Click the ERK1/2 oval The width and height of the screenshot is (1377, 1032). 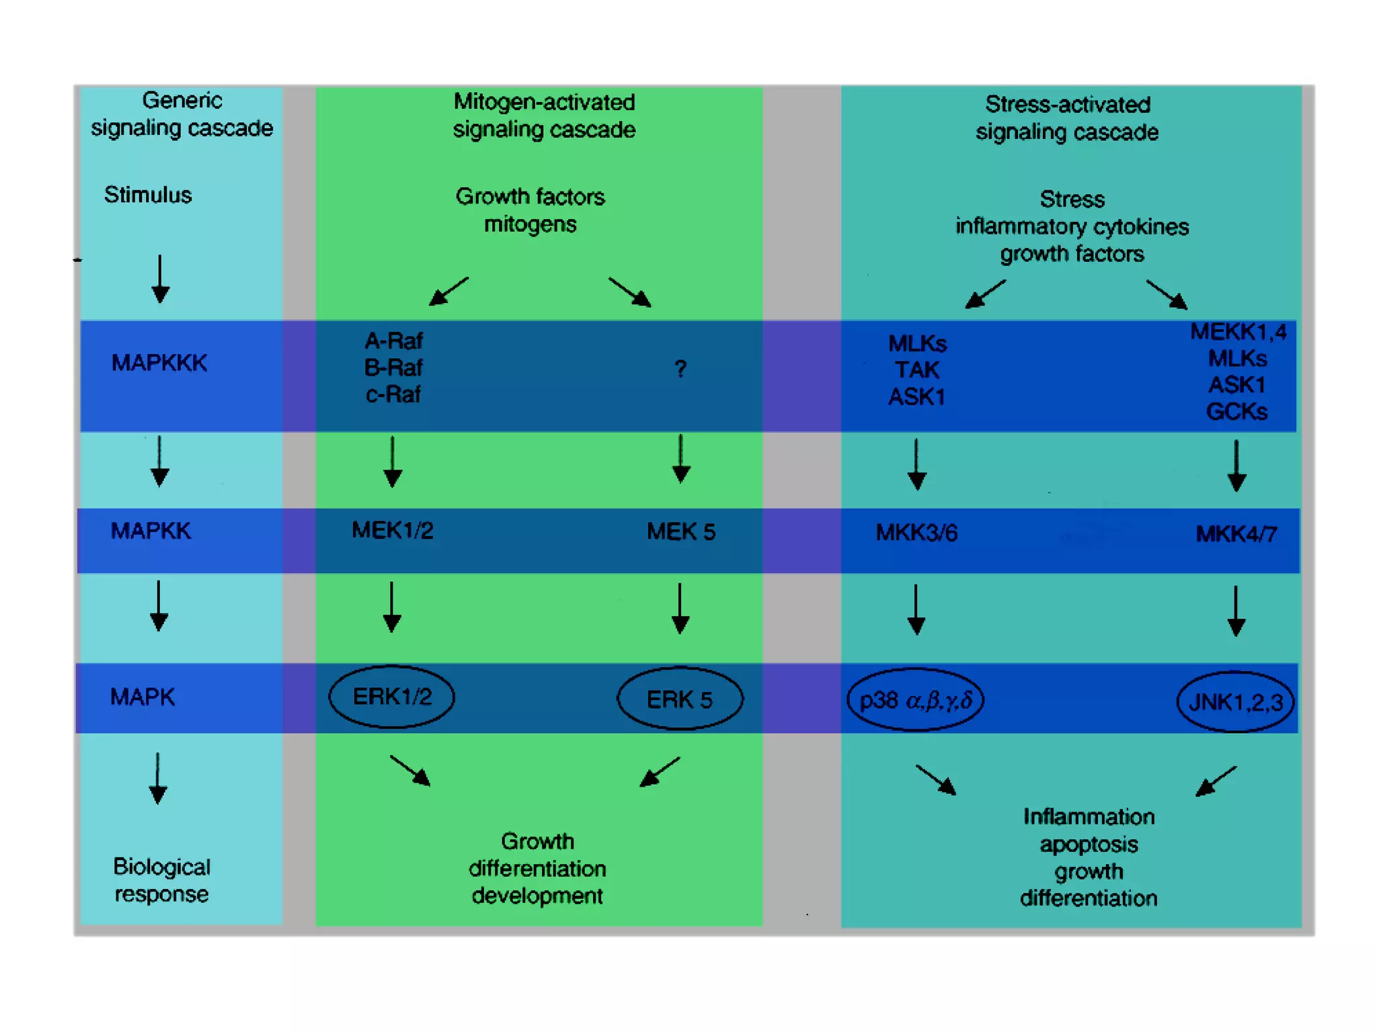[x=391, y=697]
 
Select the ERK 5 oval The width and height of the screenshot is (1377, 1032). [x=680, y=699]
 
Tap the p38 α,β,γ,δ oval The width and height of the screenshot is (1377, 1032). [x=916, y=700]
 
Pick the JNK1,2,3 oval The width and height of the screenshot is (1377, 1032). [x=1235, y=702]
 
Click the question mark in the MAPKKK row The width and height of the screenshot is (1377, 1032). [x=680, y=369]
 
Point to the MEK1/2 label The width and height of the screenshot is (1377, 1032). [x=392, y=530]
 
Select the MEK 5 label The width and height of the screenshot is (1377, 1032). [x=680, y=531]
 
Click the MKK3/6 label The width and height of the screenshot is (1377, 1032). [x=916, y=533]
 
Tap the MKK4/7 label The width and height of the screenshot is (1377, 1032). [x=1236, y=534]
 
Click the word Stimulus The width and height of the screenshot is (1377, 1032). [x=148, y=195]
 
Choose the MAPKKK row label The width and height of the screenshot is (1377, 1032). [x=159, y=363]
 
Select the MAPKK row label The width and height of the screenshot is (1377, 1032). [x=151, y=531]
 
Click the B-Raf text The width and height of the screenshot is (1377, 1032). [x=393, y=368]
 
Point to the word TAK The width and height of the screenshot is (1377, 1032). [x=916, y=370]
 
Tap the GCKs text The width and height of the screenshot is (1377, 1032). [x=1236, y=411]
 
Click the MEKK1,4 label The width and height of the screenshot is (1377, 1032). [x=1238, y=332]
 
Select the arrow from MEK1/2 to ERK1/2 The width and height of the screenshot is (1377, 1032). [x=392, y=607]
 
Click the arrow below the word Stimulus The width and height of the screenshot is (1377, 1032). [x=160, y=279]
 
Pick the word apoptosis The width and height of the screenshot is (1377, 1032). [x=1089, y=844]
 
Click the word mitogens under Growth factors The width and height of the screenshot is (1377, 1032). [x=530, y=224]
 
